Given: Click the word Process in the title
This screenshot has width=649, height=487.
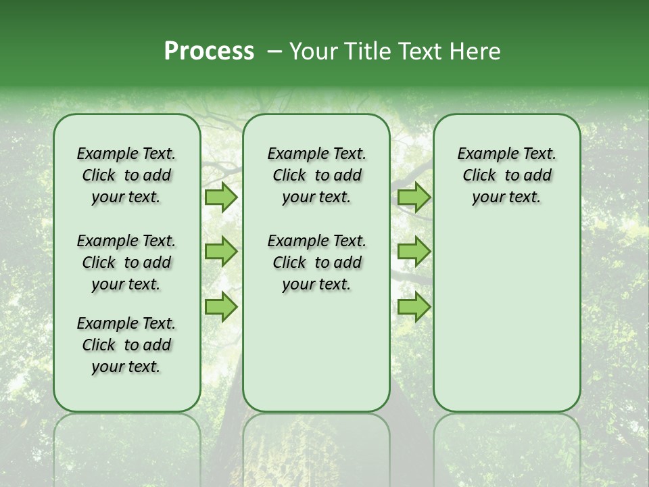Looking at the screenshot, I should (209, 51).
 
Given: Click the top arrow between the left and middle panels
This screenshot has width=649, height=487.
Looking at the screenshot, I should (221, 197).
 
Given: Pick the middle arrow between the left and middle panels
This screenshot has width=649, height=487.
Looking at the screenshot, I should (221, 252).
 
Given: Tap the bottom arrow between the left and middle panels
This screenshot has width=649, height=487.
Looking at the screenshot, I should (221, 306).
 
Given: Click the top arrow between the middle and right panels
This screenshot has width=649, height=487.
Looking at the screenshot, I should (414, 197).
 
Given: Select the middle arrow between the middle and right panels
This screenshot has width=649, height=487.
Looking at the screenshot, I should (414, 252).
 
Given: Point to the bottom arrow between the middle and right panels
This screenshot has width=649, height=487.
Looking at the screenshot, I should (414, 306).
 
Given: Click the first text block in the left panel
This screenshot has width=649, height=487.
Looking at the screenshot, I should (126, 175).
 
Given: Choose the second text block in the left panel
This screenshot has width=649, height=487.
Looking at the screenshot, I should (126, 262).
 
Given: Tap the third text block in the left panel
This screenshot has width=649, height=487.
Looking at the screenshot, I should (126, 345).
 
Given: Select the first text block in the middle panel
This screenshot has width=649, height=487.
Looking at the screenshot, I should (317, 175).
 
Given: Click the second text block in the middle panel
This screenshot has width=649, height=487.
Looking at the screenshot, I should (317, 262).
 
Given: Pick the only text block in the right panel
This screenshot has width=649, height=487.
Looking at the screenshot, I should (507, 175).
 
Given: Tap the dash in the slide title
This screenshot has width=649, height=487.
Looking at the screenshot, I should (274, 51).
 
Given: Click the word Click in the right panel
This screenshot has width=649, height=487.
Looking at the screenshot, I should (479, 176).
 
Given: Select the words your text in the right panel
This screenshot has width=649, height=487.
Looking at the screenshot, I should (507, 198).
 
